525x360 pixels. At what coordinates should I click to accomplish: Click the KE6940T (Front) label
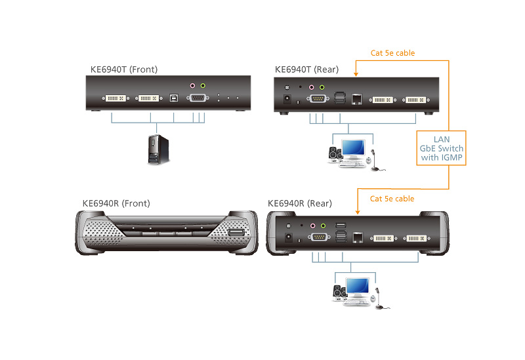[124, 70]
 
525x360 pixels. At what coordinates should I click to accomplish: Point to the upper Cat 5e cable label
[392, 53]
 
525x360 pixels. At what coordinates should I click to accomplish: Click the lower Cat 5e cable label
[392, 198]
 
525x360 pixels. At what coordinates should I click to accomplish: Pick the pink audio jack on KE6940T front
[192, 85]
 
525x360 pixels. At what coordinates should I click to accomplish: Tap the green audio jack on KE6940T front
[203, 85]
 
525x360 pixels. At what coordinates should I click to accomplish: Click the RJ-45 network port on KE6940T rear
[356, 98]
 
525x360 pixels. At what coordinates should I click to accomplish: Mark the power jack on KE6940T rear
[287, 99]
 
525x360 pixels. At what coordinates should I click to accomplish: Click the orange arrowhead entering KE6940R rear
[356, 211]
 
